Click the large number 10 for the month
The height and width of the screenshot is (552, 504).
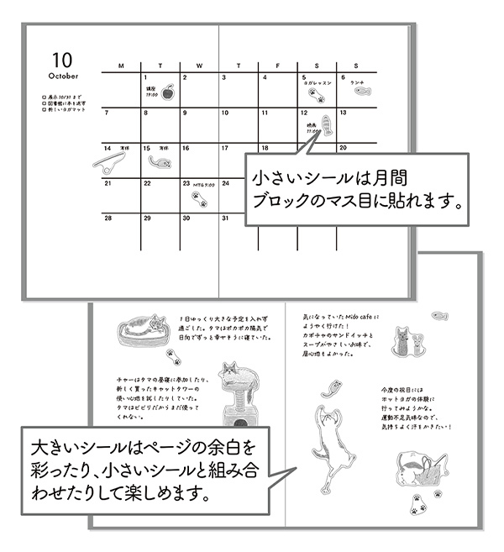click(x=62, y=60)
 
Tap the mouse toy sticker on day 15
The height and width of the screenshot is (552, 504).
click(x=157, y=160)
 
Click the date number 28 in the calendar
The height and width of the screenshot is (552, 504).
click(x=108, y=218)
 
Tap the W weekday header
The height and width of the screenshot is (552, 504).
click(x=198, y=66)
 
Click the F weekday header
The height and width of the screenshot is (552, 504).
click(x=277, y=66)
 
